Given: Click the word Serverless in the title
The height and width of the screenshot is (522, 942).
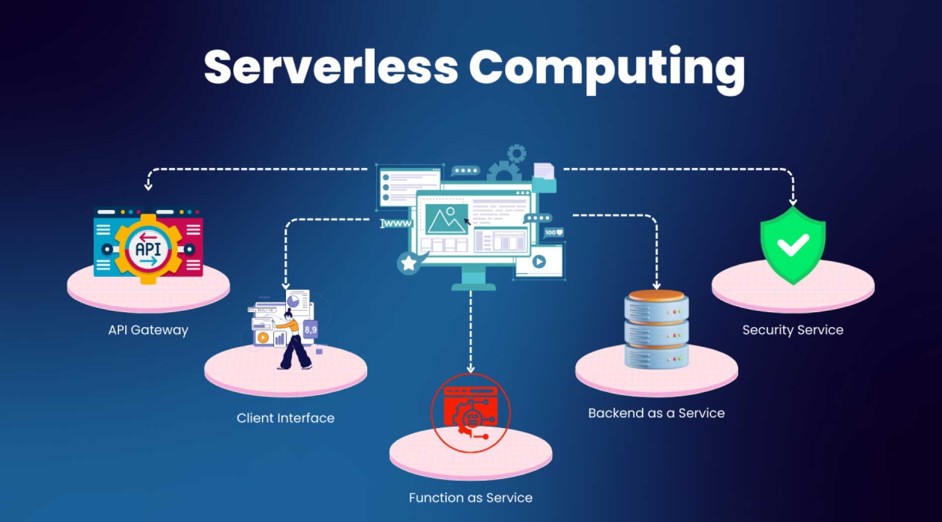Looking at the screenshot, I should click(330, 68).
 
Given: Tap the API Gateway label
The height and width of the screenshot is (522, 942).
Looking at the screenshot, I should click(148, 330).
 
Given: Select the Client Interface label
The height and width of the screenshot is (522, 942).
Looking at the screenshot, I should click(285, 418).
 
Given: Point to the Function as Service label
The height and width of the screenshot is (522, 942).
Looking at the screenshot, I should click(471, 498).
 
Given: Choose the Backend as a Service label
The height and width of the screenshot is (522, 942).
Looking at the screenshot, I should click(656, 413).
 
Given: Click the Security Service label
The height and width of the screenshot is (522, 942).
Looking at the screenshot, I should click(792, 330).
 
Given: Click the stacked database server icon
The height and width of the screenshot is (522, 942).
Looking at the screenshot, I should click(656, 329).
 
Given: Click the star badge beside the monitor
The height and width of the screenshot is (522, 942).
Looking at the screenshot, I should click(408, 263).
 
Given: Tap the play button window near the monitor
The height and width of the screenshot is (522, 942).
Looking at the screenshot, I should click(539, 261).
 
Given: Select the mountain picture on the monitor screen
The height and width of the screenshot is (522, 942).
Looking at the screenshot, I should click(446, 219).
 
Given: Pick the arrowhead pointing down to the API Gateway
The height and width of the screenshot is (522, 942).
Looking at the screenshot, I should click(148, 186).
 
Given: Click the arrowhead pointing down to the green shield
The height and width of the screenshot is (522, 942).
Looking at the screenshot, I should click(792, 202).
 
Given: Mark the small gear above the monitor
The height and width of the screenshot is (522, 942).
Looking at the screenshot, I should click(517, 154).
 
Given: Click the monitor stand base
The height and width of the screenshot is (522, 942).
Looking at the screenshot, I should click(473, 286).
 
